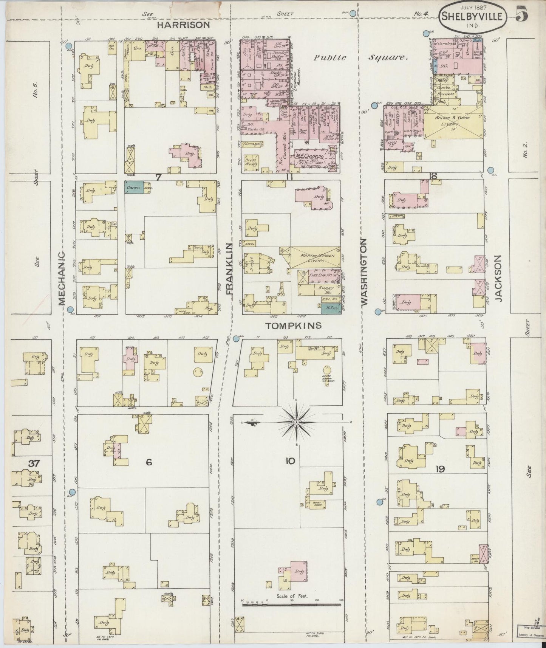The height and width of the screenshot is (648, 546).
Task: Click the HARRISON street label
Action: coord(183,25)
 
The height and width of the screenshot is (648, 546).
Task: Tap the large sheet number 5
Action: coord(522,15)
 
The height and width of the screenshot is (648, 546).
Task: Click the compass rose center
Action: coord(297,422)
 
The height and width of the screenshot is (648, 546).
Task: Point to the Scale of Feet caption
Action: coord(292,596)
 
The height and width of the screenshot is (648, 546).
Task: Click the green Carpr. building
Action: coord(134,186)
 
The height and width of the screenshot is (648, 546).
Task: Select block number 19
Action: coord(439,469)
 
